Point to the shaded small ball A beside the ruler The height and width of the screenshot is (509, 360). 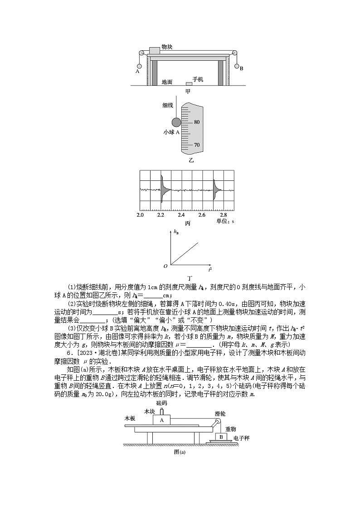(x=176, y=122)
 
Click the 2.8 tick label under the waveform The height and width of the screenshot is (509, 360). (x=223, y=214)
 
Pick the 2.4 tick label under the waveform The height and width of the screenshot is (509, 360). (x=181, y=214)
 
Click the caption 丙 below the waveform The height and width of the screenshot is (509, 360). (x=187, y=223)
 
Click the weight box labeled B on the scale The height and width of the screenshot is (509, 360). (x=221, y=437)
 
